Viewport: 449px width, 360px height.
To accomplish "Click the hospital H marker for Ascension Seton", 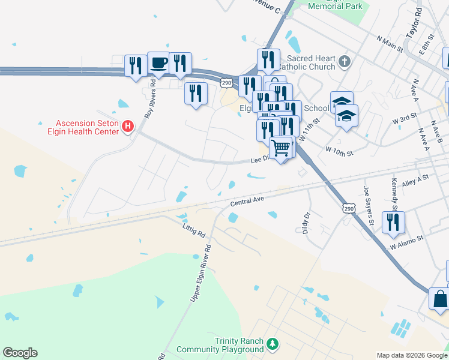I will [x=127, y=126].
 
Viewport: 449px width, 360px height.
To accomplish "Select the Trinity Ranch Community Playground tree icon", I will [x=273, y=344].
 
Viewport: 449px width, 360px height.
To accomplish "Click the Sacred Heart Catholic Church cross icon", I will [x=344, y=61].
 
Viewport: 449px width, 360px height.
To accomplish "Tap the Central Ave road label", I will [x=247, y=200].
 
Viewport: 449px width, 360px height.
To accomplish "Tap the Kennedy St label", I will [x=394, y=190].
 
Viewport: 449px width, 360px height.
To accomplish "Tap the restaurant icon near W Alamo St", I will [x=393, y=222].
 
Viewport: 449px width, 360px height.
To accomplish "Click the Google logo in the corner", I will [x=20, y=353].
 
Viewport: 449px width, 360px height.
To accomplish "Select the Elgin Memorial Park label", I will [x=336, y=6].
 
